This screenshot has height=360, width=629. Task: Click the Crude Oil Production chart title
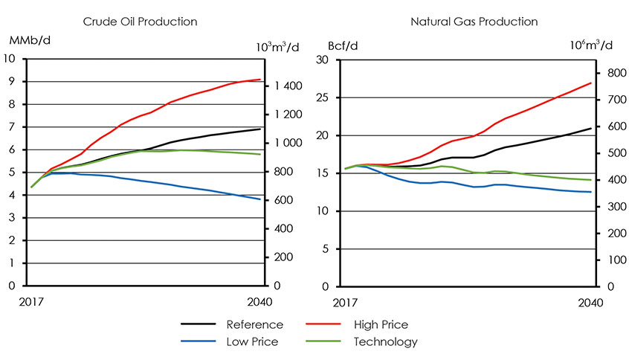pos(146,22)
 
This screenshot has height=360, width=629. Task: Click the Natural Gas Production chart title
pos(462,22)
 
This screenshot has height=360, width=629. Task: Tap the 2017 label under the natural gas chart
pos(344,302)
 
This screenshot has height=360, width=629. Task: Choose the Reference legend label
pos(254,325)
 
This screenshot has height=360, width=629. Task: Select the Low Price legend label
pos(252,342)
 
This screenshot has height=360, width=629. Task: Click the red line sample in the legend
pos(323,325)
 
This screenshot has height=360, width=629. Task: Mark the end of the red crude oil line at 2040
pos(260,80)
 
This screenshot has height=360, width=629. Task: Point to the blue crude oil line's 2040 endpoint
pos(260,199)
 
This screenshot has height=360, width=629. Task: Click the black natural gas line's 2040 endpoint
pos(591,129)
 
